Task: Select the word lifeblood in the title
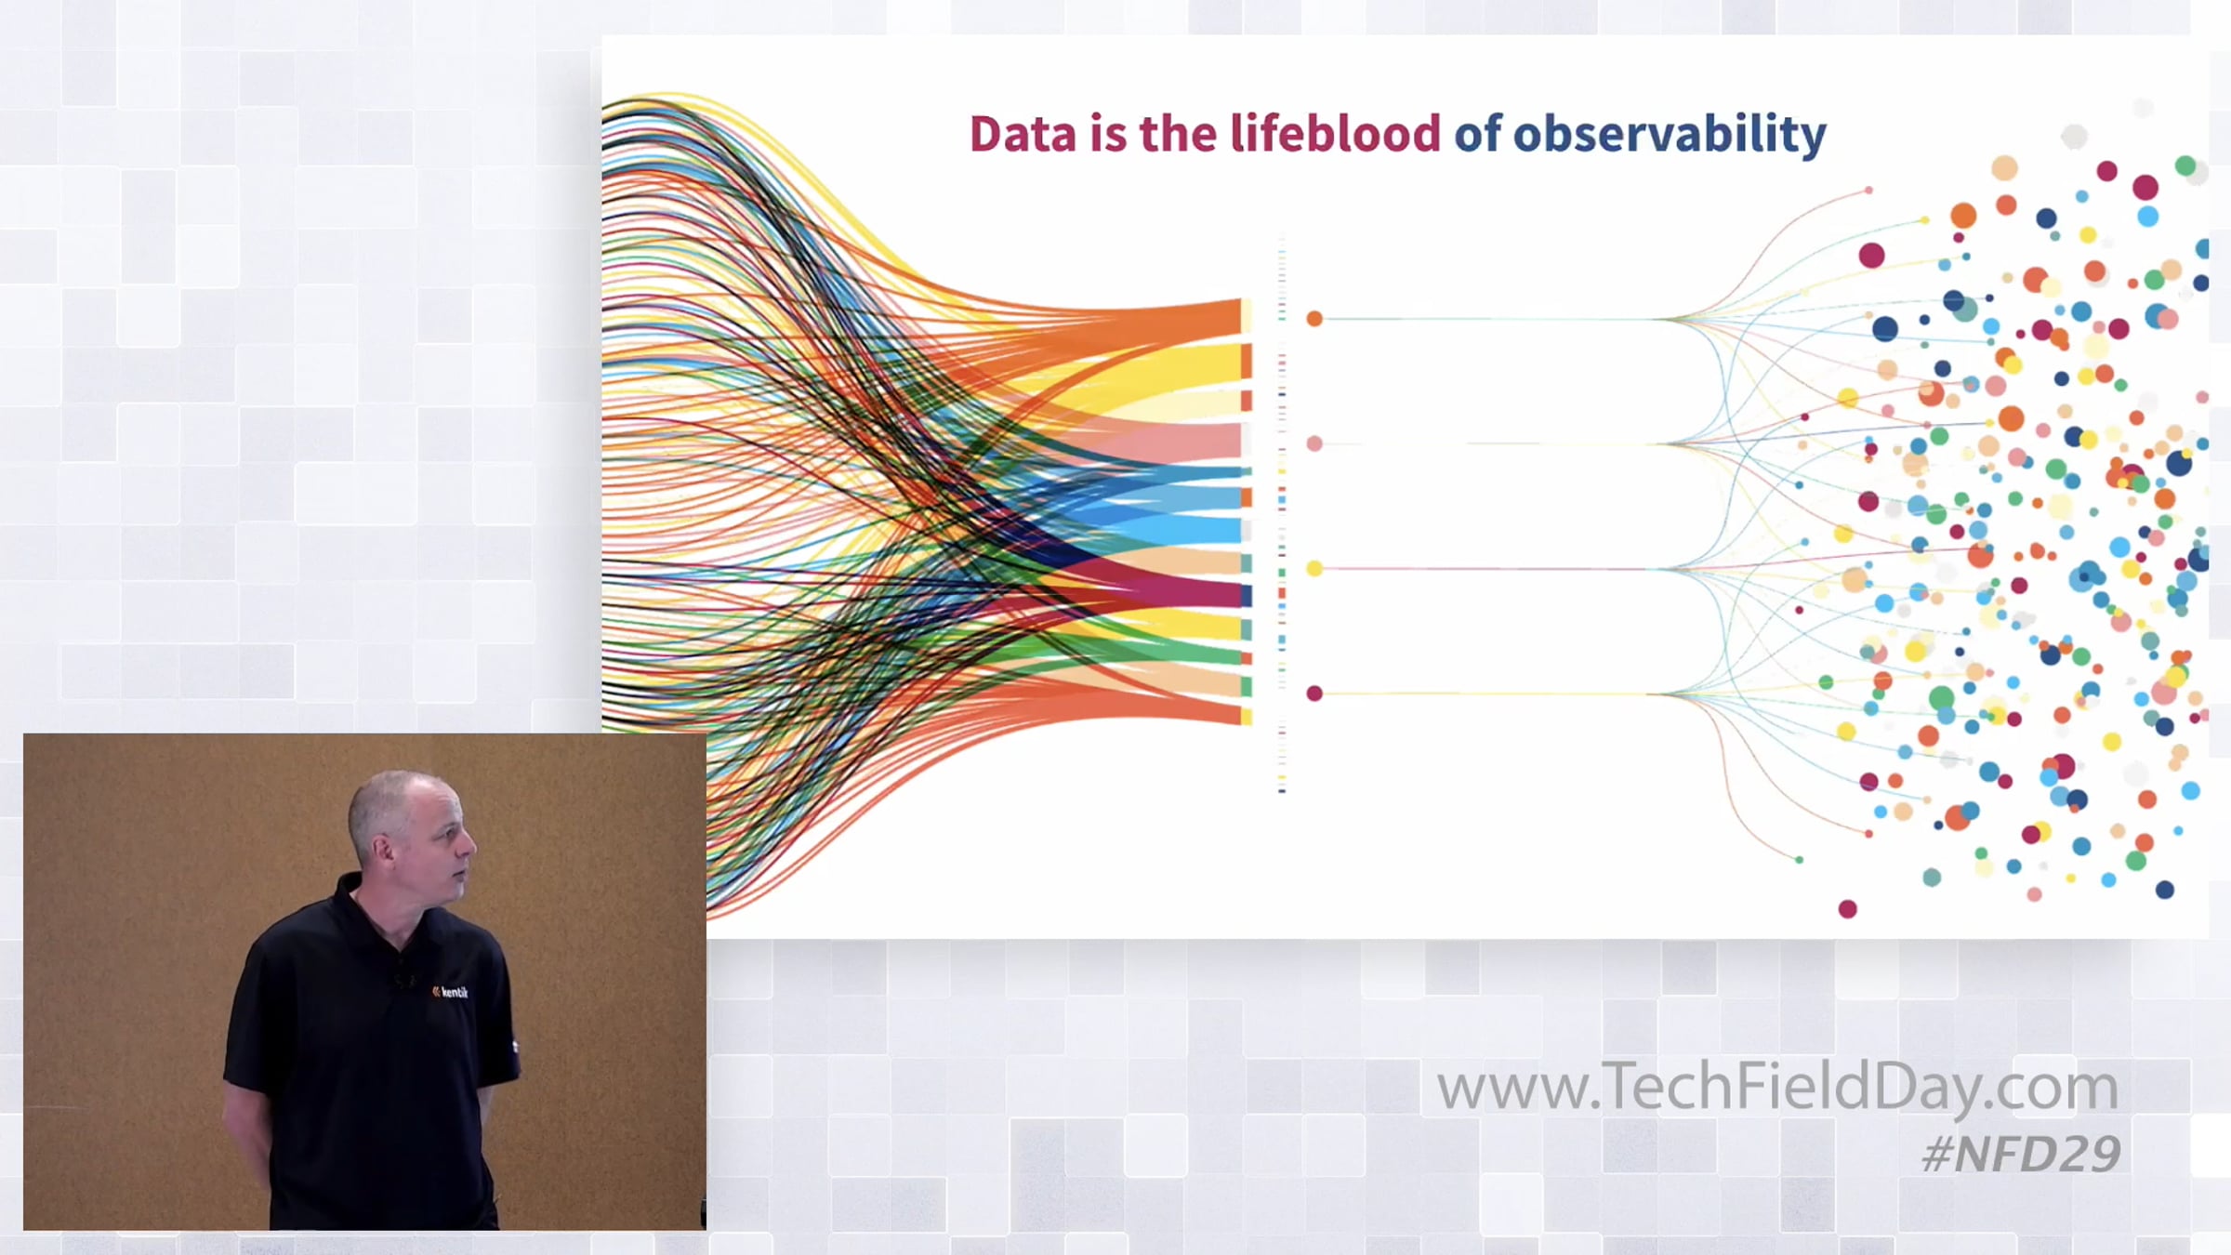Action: (1335, 133)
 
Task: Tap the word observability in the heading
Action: (1670, 135)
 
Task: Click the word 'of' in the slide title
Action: (1478, 133)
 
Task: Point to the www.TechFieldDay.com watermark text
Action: (1777, 1088)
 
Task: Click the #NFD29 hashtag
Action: (2021, 1154)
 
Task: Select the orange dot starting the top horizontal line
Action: (1314, 319)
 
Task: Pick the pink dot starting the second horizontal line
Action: (1314, 443)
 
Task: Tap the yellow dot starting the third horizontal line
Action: (1314, 568)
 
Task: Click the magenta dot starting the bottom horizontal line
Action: (1314, 693)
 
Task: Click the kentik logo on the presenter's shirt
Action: (450, 992)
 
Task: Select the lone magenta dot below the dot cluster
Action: (1848, 908)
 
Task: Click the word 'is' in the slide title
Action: (1108, 134)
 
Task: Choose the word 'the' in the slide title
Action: (1178, 133)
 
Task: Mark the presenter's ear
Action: (381, 850)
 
